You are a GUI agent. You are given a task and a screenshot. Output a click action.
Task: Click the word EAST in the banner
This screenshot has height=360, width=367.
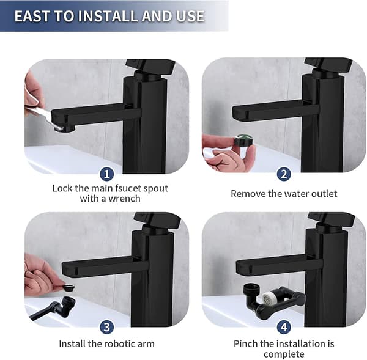[32, 16]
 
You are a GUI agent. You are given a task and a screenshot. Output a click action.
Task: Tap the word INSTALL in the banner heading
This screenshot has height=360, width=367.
[108, 16]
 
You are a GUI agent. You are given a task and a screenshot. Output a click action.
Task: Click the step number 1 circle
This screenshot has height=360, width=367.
[106, 174]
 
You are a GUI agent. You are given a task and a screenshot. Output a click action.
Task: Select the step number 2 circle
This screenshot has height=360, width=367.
[284, 174]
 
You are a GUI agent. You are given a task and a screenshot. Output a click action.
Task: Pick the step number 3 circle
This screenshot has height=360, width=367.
[106, 327]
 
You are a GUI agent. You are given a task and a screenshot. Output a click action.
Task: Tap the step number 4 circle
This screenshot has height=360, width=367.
[284, 327]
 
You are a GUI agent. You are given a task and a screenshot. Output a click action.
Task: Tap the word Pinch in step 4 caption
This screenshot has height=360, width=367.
[245, 344]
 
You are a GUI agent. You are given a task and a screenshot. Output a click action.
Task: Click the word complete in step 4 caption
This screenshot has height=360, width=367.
[284, 354]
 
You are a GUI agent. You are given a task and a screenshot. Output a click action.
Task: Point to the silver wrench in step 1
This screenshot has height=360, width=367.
[45, 117]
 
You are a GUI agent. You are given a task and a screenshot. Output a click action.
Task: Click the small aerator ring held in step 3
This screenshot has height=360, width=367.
[69, 287]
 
